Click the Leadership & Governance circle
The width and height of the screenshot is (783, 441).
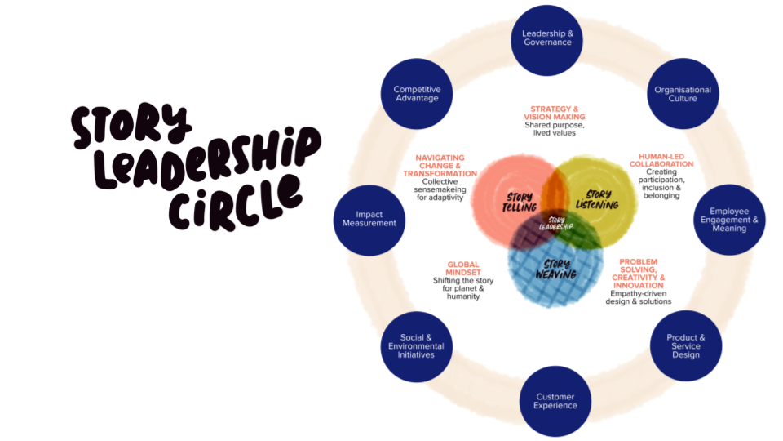point(547,38)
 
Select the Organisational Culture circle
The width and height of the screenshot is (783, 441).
point(683,95)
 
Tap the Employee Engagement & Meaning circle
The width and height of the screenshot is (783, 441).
point(728,220)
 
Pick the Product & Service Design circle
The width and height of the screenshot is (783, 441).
point(685,346)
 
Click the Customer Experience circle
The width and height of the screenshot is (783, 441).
point(555,401)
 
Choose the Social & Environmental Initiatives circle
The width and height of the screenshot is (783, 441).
point(417,346)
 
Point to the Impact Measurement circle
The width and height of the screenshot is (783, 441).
point(369,219)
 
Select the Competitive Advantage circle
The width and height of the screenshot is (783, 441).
point(417,94)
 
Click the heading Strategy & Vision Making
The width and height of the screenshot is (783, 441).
point(555,113)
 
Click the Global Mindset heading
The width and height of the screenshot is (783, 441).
point(463,269)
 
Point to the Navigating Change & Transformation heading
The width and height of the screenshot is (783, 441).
point(440,166)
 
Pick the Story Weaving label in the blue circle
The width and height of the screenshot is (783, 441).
point(555,269)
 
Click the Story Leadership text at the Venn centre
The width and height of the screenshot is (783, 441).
point(556,223)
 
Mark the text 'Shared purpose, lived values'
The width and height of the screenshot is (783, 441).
point(555,129)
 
